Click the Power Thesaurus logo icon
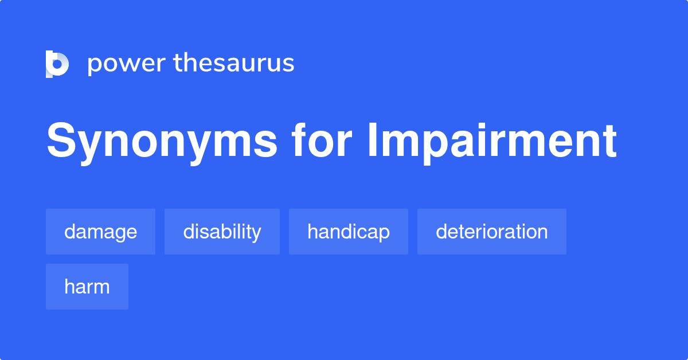tap(57, 64)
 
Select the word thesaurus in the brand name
tap(234, 62)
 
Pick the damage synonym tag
tap(100, 232)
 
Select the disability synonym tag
tap(222, 232)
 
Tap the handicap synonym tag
tap(349, 232)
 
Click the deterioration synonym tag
tap(492, 232)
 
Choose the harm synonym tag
tap(87, 287)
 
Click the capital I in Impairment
tap(373, 139)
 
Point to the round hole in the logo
tap(57, 64)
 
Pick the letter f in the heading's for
tap(299, 139)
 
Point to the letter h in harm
tap(69, 286)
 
